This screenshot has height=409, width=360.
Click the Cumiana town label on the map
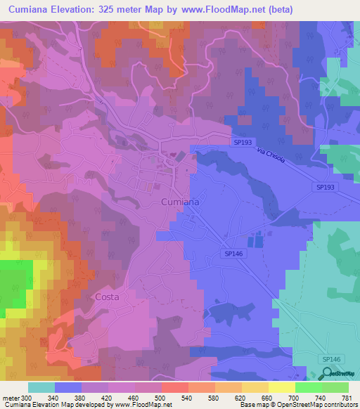(x=180, y=202)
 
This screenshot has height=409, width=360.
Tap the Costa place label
(x=106, y=297)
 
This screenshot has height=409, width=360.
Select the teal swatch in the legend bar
(x=41, y=387)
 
